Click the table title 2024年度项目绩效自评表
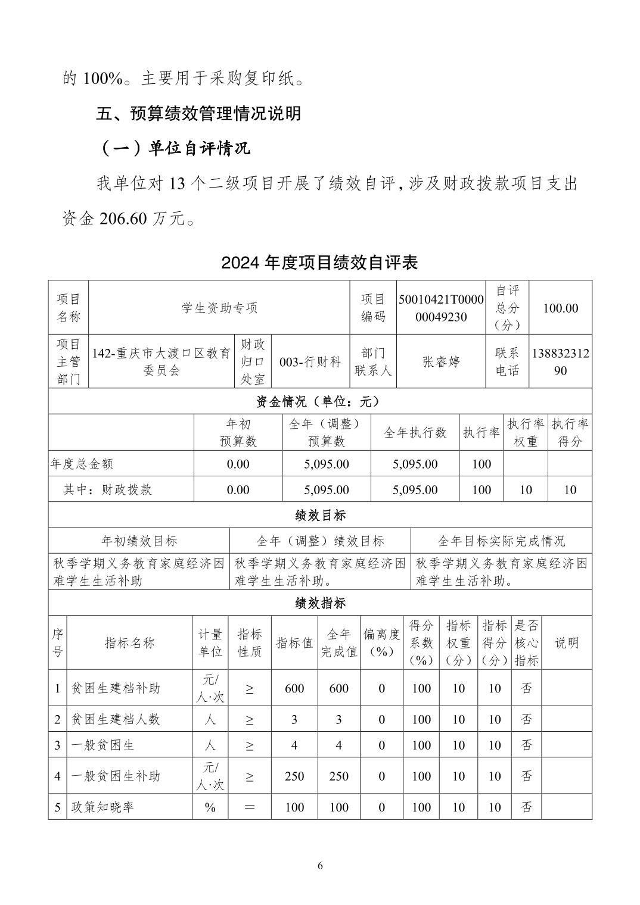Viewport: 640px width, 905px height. point(319,262)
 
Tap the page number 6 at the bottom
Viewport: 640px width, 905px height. point(320,865)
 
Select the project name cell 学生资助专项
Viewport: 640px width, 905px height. point(219,308)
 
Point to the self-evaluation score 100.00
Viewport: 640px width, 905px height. point(560,308)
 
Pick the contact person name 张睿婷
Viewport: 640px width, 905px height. point(441,362)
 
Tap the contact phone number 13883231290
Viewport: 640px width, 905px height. point(560,362)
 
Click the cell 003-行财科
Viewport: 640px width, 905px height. point(310,362)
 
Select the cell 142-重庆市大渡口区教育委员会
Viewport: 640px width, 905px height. point(161,362)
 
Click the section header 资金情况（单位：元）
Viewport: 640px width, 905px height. point(319,402)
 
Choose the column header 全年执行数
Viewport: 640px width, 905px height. point(415,433)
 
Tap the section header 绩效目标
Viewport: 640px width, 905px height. point(319,515)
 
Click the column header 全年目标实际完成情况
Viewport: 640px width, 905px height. point(501,541)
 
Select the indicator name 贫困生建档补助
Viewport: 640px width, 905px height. point(116,688)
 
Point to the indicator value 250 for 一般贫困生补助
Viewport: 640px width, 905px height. point(294,776)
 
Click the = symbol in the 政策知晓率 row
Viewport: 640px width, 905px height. point(250,807)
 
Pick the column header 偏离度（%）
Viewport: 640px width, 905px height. point(381,643)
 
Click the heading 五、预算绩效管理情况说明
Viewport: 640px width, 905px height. point(198,113)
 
